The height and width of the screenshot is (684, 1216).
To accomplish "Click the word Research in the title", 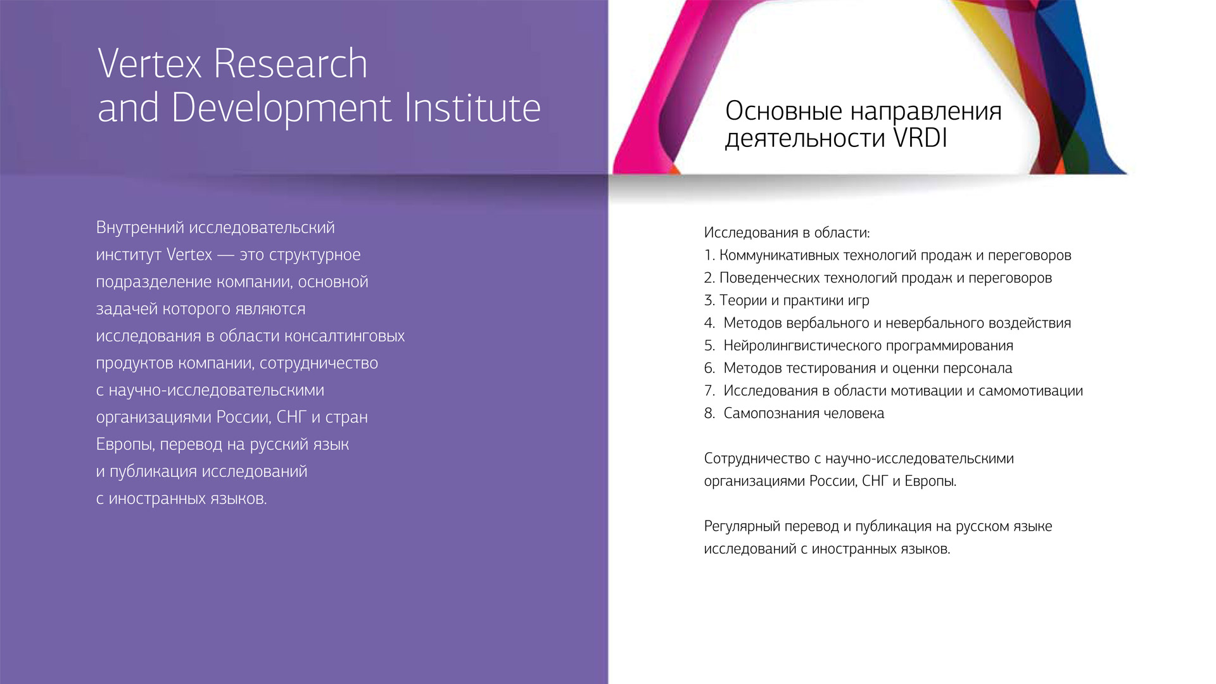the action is [290, 63].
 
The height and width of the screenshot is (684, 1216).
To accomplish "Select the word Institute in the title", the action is [472, 107].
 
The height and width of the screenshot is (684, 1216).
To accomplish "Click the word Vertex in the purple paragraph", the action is [189, 255].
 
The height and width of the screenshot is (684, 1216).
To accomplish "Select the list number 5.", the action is [709, 346].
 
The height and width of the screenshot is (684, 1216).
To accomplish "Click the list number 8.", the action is [709, 414].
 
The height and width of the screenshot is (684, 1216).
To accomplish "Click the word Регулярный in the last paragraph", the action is [742, 527].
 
